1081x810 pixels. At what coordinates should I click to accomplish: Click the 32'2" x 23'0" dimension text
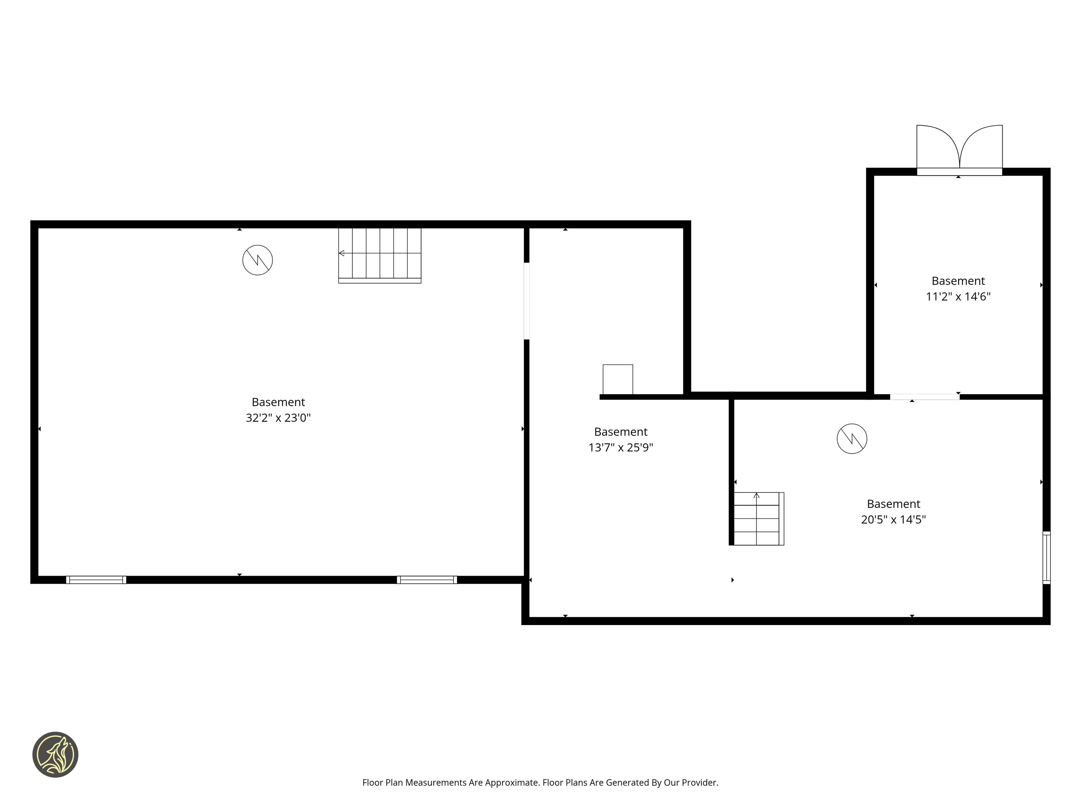click(278, 417)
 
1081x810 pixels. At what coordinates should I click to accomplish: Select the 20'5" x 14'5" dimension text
click(893, 519)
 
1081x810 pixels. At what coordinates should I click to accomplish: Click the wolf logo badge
click(55, 754)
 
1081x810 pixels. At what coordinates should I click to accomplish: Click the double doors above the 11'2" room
click(959, 150)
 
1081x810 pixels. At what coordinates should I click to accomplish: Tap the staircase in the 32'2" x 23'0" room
click(380, 255)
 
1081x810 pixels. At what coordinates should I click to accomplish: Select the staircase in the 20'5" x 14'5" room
click(758, 518)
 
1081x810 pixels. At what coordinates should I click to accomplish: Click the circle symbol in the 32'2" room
click(257, 260)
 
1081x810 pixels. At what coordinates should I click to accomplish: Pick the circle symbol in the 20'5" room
click(852, 438)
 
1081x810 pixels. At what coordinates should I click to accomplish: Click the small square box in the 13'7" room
click(618, 379)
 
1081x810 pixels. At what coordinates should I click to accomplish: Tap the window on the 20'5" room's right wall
click(1046, 557)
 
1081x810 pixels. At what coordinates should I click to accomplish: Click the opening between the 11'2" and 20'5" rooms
click(925, 397)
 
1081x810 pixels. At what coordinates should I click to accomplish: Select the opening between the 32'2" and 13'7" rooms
click(526, 301)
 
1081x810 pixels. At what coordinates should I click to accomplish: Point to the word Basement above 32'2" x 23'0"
click(278, 402)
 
